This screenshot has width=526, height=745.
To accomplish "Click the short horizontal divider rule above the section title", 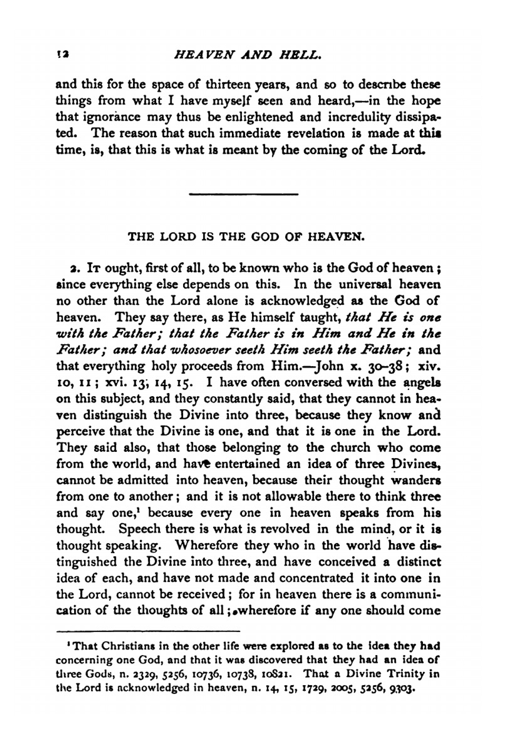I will tap(243, 195).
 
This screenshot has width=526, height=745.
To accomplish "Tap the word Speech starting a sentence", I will tap(138, 529).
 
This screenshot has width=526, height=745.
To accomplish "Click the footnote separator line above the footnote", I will tap(148, 630).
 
